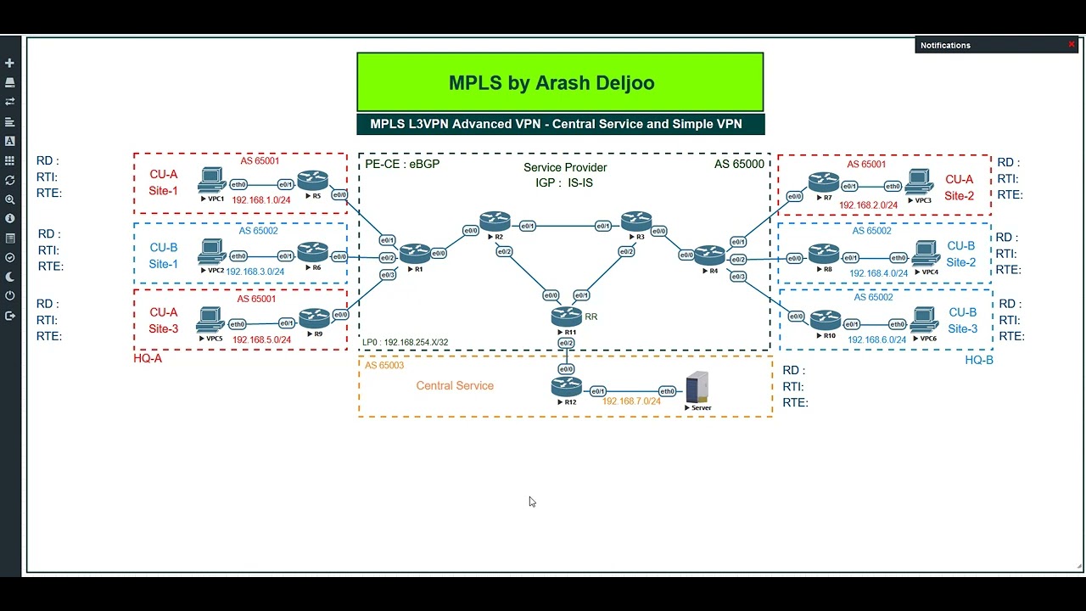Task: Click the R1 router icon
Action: tap(415, 252)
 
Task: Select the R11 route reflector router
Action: tap(566, 316)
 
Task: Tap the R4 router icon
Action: tap(709, 254)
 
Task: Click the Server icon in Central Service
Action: tap(697, 388)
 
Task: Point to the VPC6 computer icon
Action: tap(924, 321)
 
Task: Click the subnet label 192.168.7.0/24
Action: tap(631, 401)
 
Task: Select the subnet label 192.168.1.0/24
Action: tap(261, 200)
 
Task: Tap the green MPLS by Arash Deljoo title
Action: tap(560, 82)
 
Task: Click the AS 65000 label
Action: tap(739, 164)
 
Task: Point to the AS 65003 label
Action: tap(384, 365)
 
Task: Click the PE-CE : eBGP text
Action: tap(402, 164)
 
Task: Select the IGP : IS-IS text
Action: tap(564, 182)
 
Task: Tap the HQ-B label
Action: tap(978, 360)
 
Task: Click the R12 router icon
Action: tap(566, 387)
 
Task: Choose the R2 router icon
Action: tap(495, 222)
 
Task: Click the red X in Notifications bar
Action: tap(1071, 45)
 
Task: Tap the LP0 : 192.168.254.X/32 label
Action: tap(405, 343)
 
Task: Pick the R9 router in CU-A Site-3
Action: tap(314, 318)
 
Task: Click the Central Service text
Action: tap(454, 385)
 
